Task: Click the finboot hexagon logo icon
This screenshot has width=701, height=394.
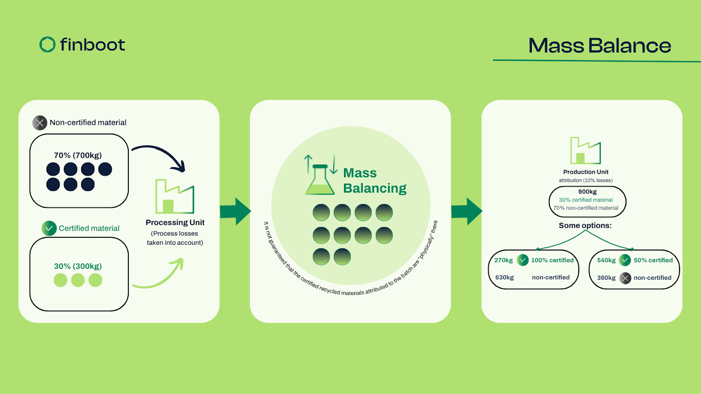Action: pos(47,44)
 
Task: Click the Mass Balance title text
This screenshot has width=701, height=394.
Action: pos(599,46)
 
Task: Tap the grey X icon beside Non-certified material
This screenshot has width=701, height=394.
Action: pos(40,123)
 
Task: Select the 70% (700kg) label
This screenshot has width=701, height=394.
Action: pos(78,155)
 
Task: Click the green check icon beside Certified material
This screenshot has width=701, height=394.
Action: pos(49,228)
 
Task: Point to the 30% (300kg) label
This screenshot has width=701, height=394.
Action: pos(78,266)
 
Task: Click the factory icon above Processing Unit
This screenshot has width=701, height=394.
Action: pos(174,197)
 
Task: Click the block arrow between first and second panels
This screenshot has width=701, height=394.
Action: pos(235,211)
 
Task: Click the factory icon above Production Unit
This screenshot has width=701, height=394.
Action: pos(585,151)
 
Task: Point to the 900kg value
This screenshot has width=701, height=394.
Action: pos(587,192)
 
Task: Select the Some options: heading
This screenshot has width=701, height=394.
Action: pos(585,225)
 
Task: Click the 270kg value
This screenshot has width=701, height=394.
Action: pos(503,260)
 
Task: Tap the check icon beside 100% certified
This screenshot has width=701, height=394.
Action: pos(523,260)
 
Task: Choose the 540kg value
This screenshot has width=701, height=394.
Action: pos(606,260)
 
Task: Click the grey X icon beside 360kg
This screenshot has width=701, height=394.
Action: pos(625,278)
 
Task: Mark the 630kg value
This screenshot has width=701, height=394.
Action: pos(504,278)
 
